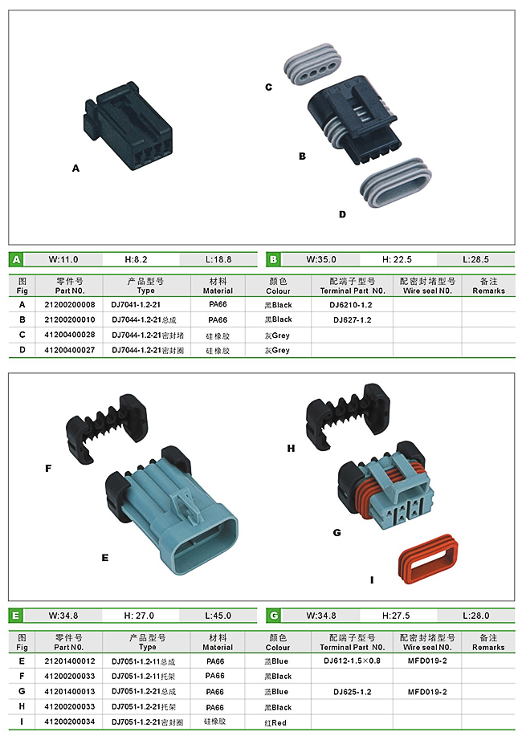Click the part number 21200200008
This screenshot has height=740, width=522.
[x=69, y=304]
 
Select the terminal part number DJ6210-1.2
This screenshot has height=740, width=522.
[x=351, y=304]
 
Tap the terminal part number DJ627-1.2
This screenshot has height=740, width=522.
[x=352, y=319]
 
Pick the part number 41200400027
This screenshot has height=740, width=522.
[x=69, y=350]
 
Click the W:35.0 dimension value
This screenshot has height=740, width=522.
[x=320, y=259]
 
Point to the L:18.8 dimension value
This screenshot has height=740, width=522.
[x=218, y=259]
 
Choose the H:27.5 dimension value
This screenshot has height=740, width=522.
[x=396, y=616]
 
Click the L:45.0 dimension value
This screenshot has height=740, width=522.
[x=218, y=616]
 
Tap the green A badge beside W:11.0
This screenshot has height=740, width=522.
[x=17, y=259]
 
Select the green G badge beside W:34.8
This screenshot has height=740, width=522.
[x=274, y=616]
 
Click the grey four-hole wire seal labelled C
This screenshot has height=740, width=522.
[x=312, y=64]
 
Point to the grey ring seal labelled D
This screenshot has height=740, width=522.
[x=396, y=183]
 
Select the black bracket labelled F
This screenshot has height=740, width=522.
[x=107, y=428]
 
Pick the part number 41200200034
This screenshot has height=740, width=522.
[x=69, y=722]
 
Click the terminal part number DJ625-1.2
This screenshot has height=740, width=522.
[x=352, y=692]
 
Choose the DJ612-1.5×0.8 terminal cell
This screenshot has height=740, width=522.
[x=352, y=661]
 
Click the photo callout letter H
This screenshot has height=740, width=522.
[x=291, y=448]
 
